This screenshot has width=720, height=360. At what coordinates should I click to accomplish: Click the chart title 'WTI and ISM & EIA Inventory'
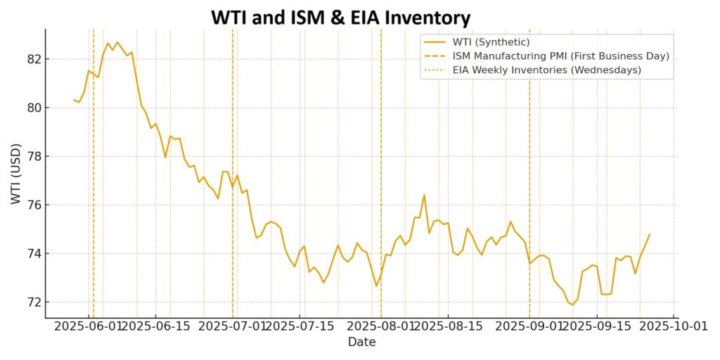click(341, 16)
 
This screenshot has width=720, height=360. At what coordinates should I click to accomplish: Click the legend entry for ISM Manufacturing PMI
click(560, 56)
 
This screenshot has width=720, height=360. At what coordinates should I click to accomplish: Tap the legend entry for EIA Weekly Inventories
click(546, 70)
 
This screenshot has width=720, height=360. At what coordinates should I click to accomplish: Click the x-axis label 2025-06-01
click(90, 327)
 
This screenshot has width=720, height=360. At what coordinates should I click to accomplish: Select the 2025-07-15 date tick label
click(300, 327)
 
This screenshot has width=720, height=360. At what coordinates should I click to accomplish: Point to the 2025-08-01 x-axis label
click(381, 327)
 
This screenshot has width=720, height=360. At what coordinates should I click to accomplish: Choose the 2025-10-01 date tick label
click(673, 327)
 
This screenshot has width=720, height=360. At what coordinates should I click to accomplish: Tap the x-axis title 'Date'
click(361, 342)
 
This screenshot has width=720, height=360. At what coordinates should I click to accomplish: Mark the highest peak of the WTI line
click(117, 42)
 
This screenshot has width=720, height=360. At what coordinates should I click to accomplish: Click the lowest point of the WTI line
click(572, 304)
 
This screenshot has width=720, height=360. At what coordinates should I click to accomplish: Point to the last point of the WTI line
click(649, 234)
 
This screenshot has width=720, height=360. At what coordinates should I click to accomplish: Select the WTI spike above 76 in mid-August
click(424, 195)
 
